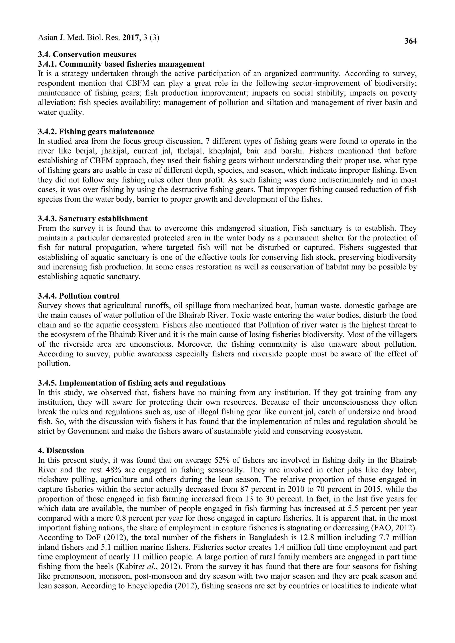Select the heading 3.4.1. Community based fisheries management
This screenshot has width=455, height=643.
(121, 64)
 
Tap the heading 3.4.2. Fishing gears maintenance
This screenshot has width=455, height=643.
(96, 132)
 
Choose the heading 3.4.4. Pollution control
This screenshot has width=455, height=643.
(78, 296)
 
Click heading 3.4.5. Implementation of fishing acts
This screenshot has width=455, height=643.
(132, 383)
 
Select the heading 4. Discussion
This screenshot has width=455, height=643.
(61, 451)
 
